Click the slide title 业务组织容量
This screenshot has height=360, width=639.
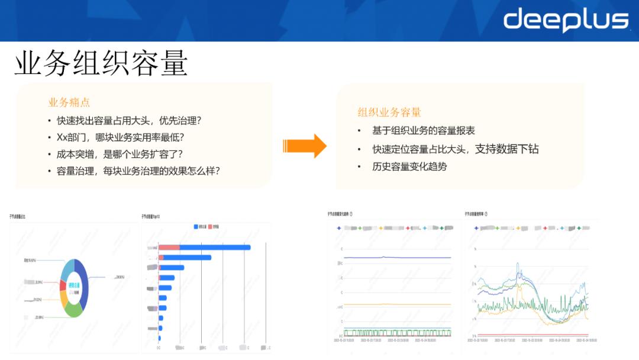pos(101,63)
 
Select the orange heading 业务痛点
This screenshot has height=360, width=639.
pos(69,102)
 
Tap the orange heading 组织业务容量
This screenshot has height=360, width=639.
pos(389,112)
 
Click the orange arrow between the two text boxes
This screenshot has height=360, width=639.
pos(304,146)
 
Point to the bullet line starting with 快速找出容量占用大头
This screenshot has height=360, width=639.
pos(129,121)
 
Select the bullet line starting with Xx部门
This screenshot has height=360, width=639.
pos(121,137)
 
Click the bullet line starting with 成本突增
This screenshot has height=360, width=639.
pos(120,154)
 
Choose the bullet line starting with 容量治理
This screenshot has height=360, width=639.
pos(138,171)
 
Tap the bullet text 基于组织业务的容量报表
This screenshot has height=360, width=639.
pos(423,130)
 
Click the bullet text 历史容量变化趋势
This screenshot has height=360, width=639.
pos(409,166)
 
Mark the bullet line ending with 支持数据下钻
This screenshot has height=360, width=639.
pos(455,149)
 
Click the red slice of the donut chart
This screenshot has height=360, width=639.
pos(63,285)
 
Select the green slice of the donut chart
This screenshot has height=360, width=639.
pos(73,309)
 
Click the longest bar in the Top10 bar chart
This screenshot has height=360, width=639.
pos(214,247)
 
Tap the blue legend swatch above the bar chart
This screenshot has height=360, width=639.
pos(196,226)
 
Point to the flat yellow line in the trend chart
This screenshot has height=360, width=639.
pos(396,304)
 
